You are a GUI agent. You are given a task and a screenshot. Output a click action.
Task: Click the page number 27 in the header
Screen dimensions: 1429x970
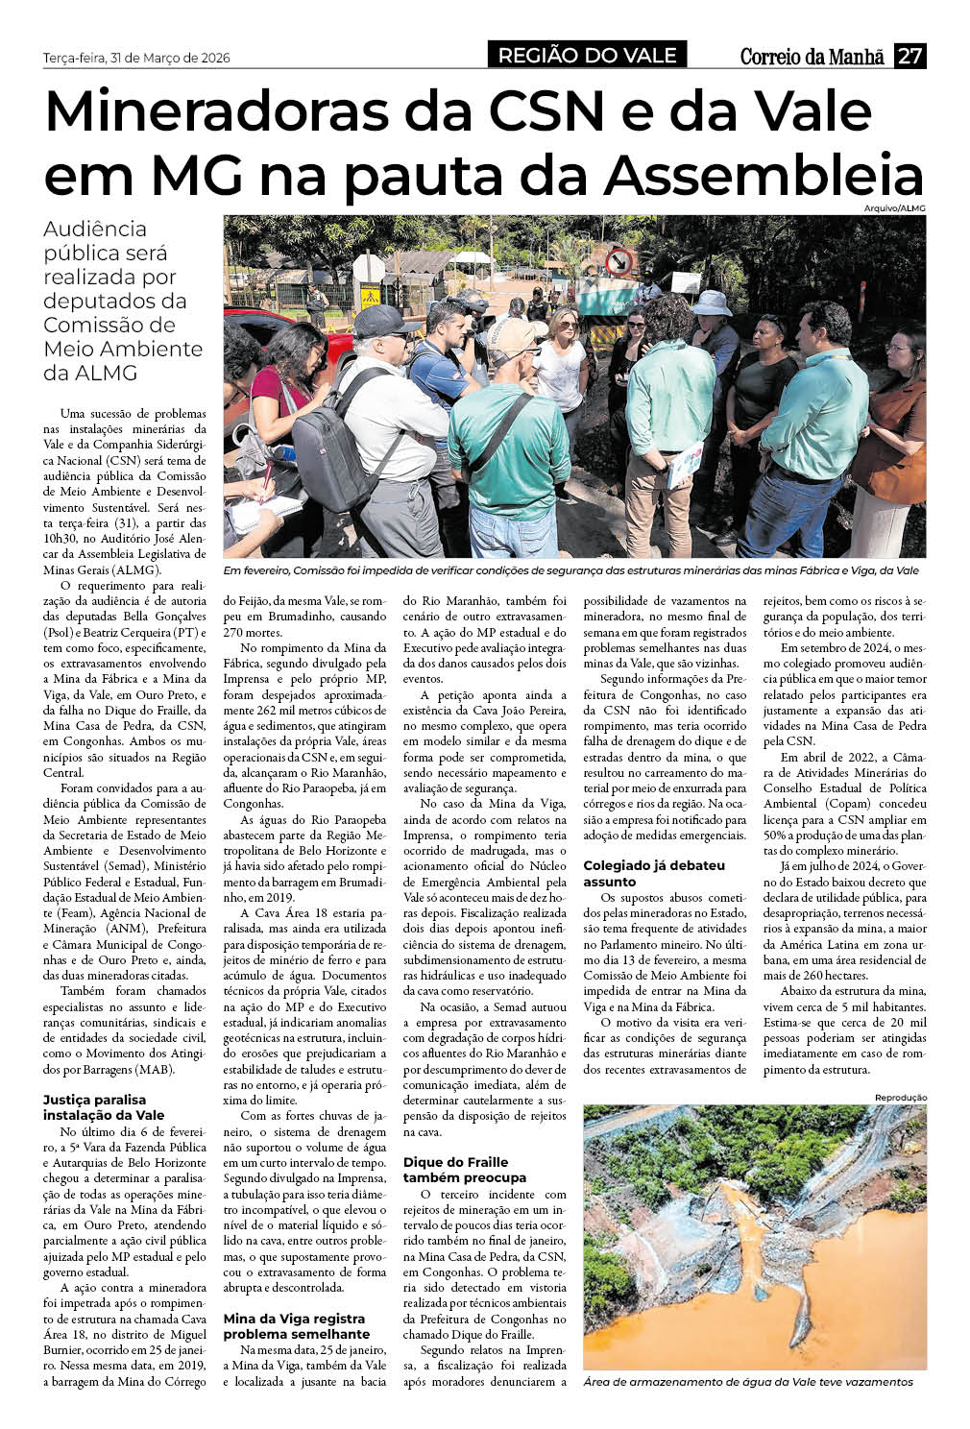coord(909,56)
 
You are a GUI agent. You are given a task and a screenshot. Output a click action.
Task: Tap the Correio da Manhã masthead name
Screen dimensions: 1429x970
coord(812,57)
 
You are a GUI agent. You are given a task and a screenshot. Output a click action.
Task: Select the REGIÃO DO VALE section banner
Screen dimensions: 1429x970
coord(587,56)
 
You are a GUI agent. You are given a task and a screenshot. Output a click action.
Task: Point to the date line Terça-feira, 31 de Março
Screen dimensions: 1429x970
coord(136,58)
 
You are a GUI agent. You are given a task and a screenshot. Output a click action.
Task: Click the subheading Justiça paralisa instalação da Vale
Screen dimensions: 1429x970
coord(104,1107)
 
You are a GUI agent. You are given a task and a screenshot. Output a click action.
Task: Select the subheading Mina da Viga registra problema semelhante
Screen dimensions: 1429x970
coord(296,1326)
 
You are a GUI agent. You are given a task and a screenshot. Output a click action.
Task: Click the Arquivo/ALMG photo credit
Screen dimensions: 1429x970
coord(900,207)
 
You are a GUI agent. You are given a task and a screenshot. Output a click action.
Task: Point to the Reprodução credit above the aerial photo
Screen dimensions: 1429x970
coord(900,1097)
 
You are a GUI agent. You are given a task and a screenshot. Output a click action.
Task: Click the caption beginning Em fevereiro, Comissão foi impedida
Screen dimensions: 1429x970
coord(570,570)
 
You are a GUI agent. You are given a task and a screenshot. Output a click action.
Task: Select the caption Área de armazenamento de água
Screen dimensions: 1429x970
coord(747,1382)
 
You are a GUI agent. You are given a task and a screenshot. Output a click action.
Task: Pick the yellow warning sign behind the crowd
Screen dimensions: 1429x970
coord(370,298)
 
